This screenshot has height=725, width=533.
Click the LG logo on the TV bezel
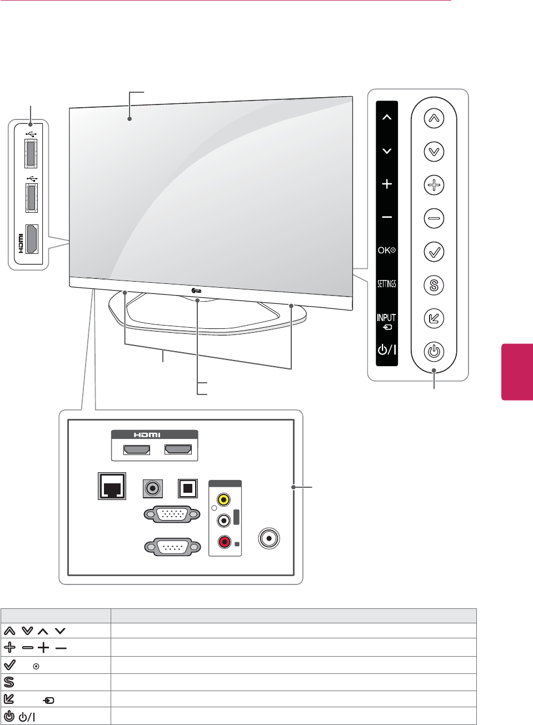pos(196,290)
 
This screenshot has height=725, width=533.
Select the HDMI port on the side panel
pos(32,239)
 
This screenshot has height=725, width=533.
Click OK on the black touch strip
pos(387,251)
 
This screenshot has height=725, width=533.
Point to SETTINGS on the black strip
pos(387,284)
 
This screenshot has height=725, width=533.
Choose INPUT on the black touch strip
pos(387,321)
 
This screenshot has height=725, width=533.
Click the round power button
pos(434,352)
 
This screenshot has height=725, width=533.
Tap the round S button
pos(434,285)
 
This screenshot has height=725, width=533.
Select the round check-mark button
pos(434,252)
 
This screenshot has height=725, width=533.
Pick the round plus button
pos(434,185)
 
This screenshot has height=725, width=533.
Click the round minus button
pos(434,218)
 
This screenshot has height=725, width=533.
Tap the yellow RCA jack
pos(223,499)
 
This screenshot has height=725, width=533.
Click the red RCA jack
pos(224,541)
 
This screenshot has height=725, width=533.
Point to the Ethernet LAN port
pos(112,487)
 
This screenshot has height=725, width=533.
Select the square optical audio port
pos(187,488)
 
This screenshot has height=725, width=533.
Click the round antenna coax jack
pos(270,538)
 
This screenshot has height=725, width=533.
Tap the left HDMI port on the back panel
pos(136,449)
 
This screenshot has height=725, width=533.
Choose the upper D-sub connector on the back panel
pos(172,514)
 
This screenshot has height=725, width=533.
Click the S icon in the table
pos(9,682)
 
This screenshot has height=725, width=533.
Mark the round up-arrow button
pos(434,118)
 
